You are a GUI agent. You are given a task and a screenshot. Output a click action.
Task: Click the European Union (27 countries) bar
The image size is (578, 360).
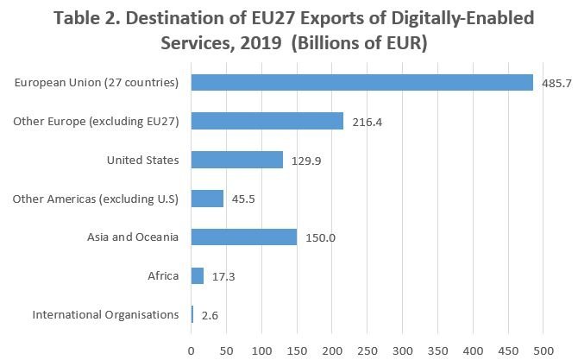point(361,82)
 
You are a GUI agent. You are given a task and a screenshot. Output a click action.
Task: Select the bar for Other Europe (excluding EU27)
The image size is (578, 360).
point(267,121)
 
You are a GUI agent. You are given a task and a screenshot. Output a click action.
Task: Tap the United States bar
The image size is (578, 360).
point(236,160)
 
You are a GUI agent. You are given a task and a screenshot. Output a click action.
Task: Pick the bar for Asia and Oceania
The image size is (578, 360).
point(243,237)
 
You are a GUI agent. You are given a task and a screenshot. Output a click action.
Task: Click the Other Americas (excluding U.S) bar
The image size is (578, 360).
point(207,199)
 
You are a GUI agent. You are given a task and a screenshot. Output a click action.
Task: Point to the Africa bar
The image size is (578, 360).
point(197,276)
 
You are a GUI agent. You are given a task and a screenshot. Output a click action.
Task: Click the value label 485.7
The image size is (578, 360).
point(557,84)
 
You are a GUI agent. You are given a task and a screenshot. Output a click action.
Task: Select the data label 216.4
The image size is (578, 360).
point(367,123)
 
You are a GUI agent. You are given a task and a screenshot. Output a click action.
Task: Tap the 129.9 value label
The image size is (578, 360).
point(306,161)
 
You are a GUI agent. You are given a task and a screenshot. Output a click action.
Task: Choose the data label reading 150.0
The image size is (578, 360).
point(320,239)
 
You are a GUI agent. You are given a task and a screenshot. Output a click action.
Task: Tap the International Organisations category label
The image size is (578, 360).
point(105,315)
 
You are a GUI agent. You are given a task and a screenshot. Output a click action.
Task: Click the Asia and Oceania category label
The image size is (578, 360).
point(133,237)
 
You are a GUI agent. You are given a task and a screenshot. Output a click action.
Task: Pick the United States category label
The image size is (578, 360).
point(142,160)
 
